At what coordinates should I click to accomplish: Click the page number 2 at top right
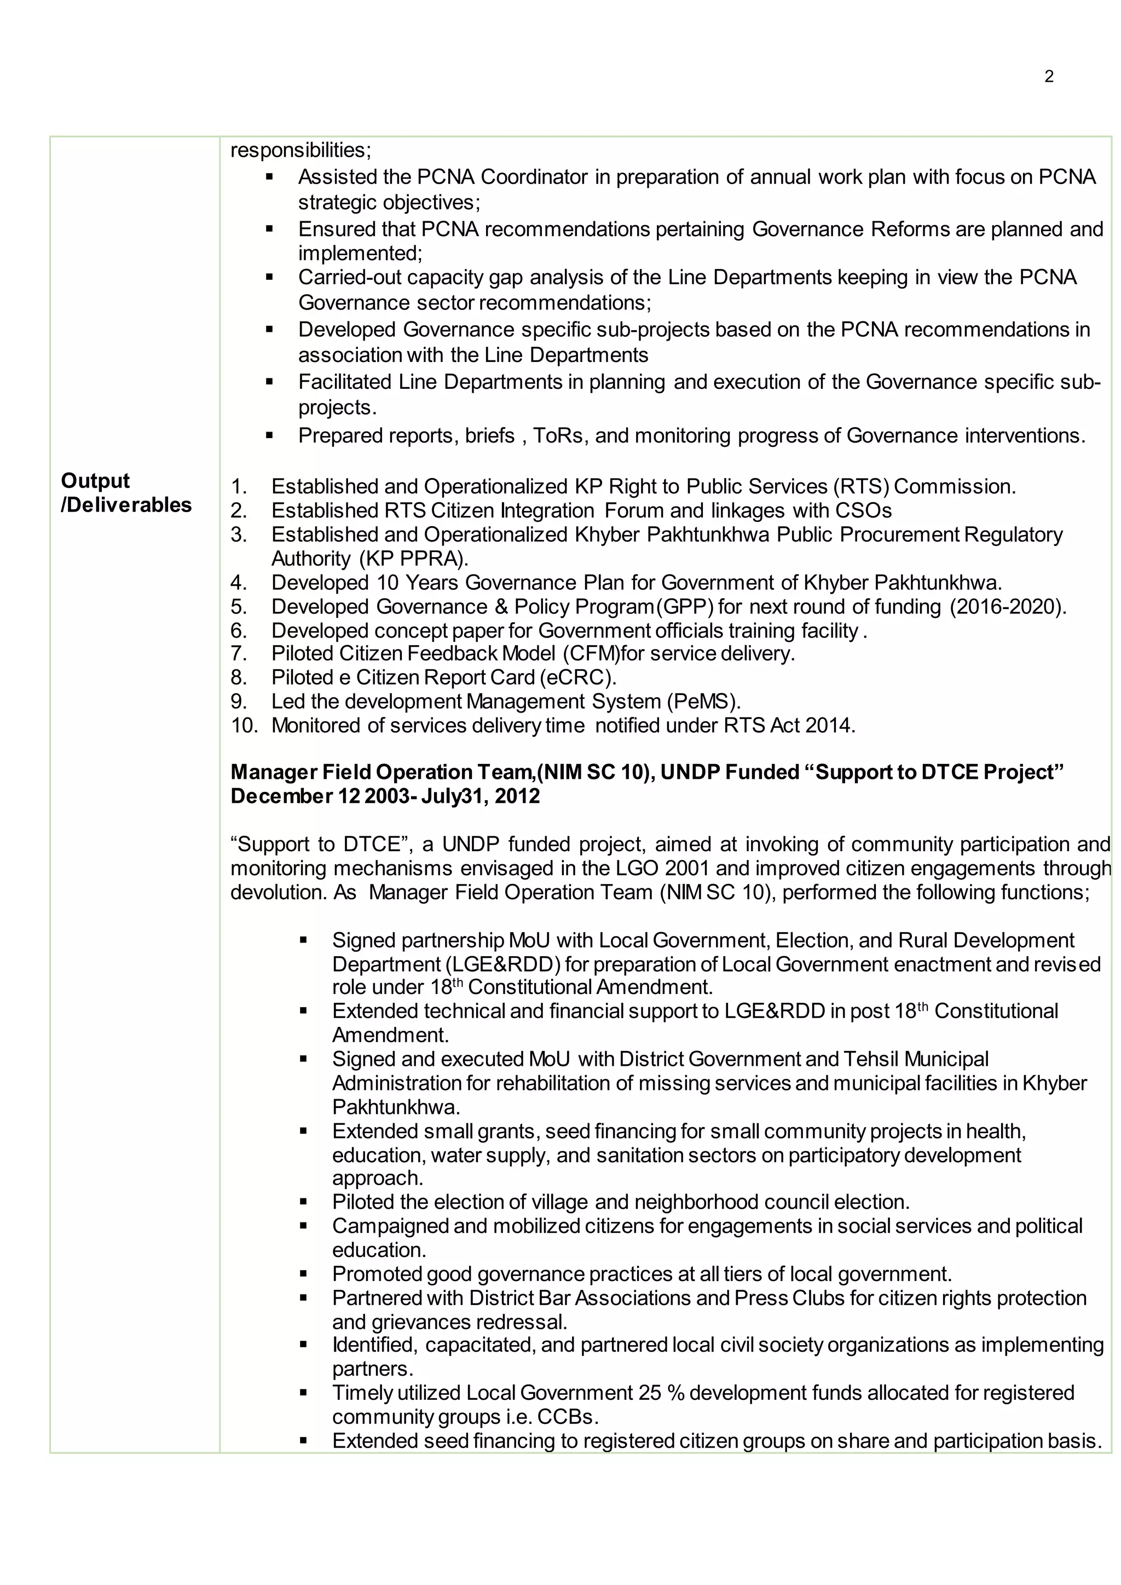[1049, 77]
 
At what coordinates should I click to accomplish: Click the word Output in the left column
[95, 481]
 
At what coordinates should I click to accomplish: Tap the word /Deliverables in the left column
[126, 505]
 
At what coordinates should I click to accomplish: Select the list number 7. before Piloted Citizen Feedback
[239, 653]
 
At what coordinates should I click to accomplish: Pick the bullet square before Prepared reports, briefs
[269, 437]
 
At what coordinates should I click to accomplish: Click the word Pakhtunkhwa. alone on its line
[396, 1107]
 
